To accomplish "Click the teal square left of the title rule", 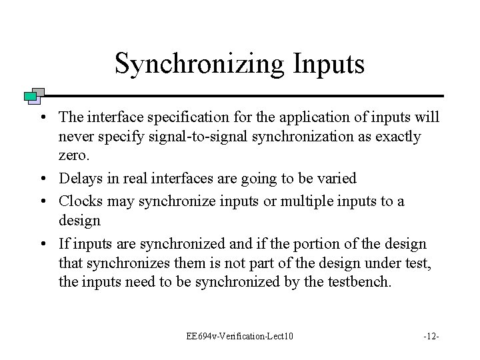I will click(29, 97).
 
